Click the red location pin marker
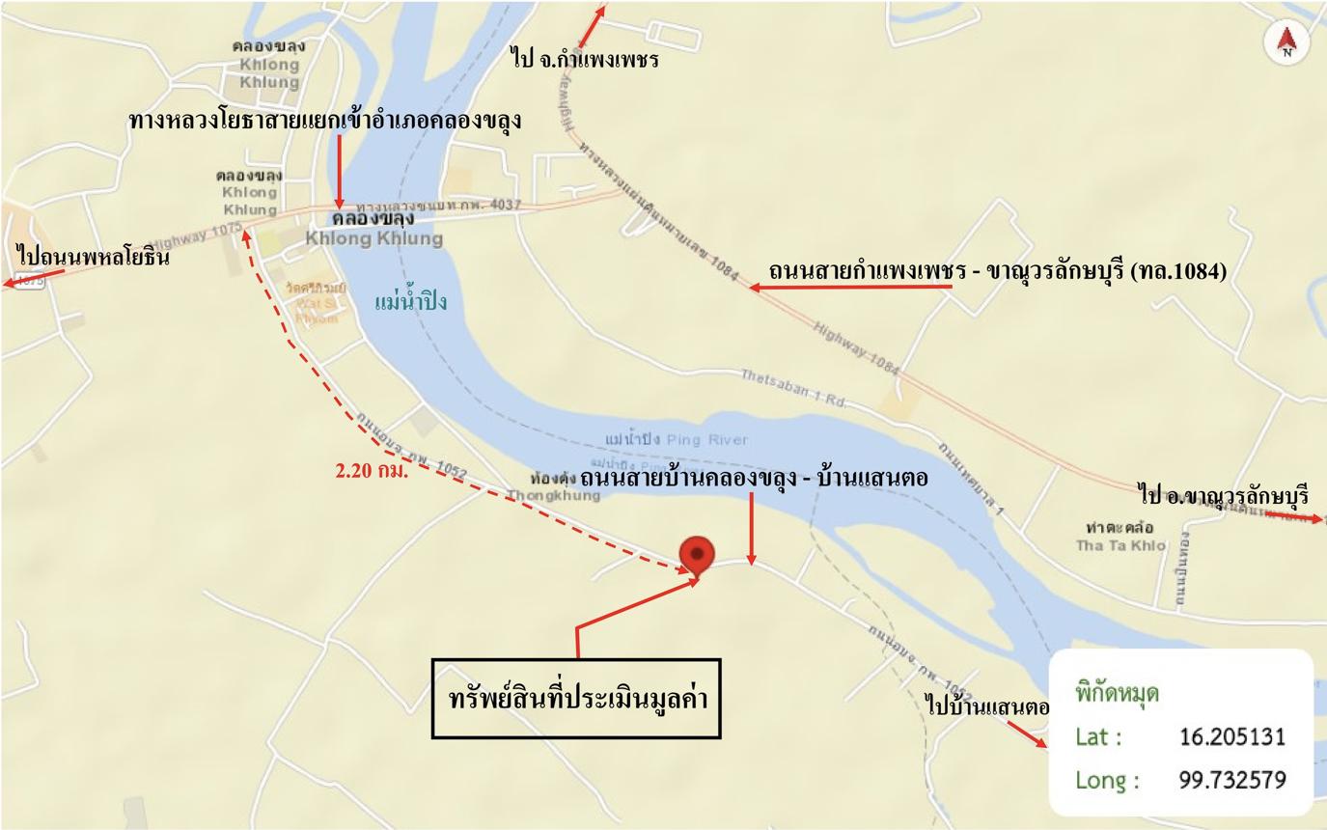(x=697, y=556)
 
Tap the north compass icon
(x=1286, y=41)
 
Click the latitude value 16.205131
(x=1232, y=737)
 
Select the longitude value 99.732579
(x=1232, y=780)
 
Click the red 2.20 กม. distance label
(x=372, y=472)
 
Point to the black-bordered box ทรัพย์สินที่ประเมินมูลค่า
(x=576, y=699)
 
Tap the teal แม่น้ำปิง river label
(x=411, y=303)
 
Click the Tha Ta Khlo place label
(x=1120, y=545)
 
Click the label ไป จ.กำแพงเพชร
(x=586, y=59)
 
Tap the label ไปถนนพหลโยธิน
(x=94, y=258)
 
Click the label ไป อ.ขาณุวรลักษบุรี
(x=1224, y=496)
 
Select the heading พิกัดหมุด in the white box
(x=1117, y=693)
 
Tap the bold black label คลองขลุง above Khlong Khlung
(x=373, y=219)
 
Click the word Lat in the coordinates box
(x=1098, y=737)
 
